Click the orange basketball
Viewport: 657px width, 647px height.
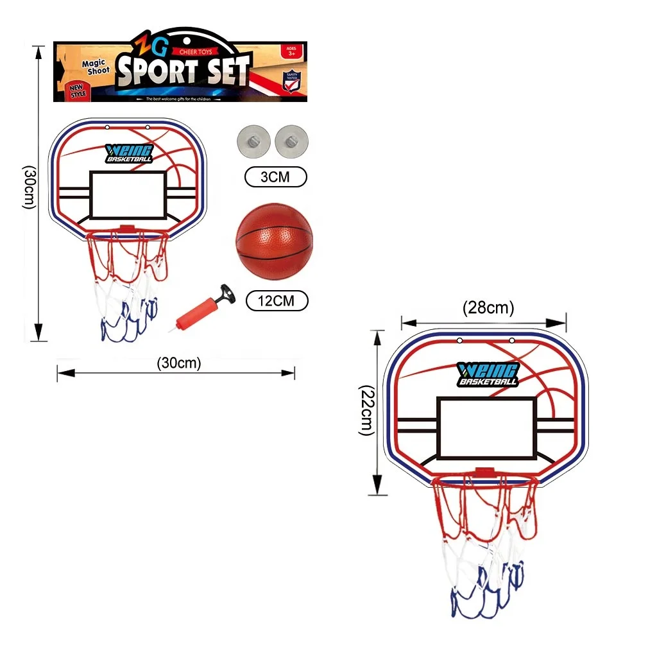click(274, 243)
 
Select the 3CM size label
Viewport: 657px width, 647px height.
click(275, 177)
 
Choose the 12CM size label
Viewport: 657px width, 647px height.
click(277, 300)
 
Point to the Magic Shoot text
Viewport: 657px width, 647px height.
click(94, 66)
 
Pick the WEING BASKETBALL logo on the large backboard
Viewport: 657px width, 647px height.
click(488, 374)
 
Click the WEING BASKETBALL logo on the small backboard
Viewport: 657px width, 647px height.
click(128, 153)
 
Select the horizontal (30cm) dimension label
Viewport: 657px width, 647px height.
click(179, 363)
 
